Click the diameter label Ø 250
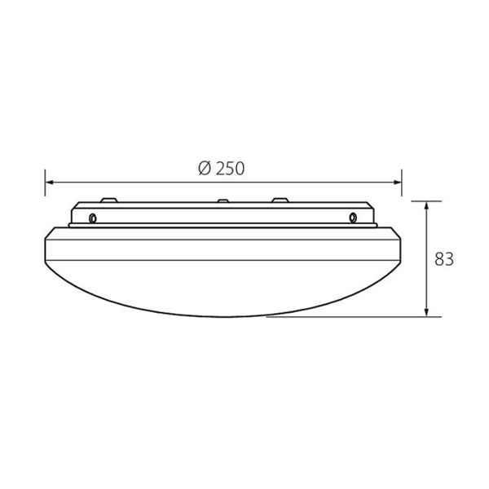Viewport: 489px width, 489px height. [222, 169]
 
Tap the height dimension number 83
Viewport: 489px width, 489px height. [444, 259]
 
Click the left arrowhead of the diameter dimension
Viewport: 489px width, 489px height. [50, 183]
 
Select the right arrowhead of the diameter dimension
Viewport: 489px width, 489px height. [397, 183]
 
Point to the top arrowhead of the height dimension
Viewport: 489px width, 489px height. [427, 206]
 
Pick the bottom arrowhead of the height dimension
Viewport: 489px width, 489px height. [427, 312]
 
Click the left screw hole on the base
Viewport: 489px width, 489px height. [93, 218]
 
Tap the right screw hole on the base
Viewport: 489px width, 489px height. [353, 218]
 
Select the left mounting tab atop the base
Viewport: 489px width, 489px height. [109, 200]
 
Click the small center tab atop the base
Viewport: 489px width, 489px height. [223, 200]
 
